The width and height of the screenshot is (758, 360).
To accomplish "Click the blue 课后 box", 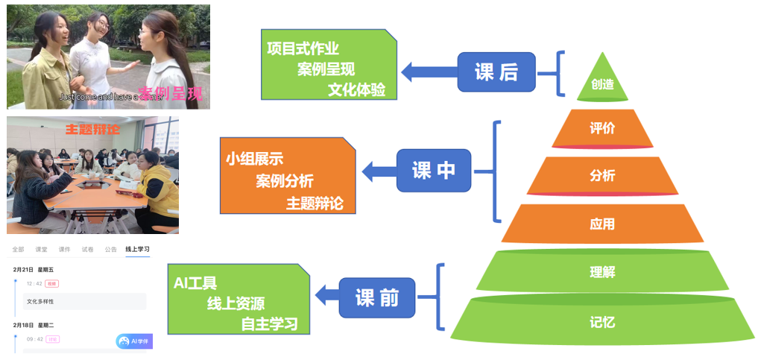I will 496,72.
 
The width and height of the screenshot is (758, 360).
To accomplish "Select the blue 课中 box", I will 434,171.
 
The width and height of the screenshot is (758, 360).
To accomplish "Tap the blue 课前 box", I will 376,298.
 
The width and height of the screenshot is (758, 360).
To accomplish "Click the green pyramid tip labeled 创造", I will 602,83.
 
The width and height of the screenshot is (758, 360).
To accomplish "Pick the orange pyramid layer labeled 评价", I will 602,128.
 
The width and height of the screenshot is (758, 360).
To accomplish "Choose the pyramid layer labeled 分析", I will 602,176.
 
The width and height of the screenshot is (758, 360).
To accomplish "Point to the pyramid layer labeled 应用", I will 602,224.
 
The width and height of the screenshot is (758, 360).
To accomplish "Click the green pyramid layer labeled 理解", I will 602,272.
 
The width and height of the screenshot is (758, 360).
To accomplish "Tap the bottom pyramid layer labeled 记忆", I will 602,323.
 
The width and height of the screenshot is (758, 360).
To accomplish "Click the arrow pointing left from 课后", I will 429,72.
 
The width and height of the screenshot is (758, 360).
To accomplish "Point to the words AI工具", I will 195,283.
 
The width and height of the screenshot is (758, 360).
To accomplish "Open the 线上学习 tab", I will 137,249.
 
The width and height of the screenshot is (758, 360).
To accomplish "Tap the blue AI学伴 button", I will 134,341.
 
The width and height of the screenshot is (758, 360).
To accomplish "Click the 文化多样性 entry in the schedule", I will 40,302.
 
